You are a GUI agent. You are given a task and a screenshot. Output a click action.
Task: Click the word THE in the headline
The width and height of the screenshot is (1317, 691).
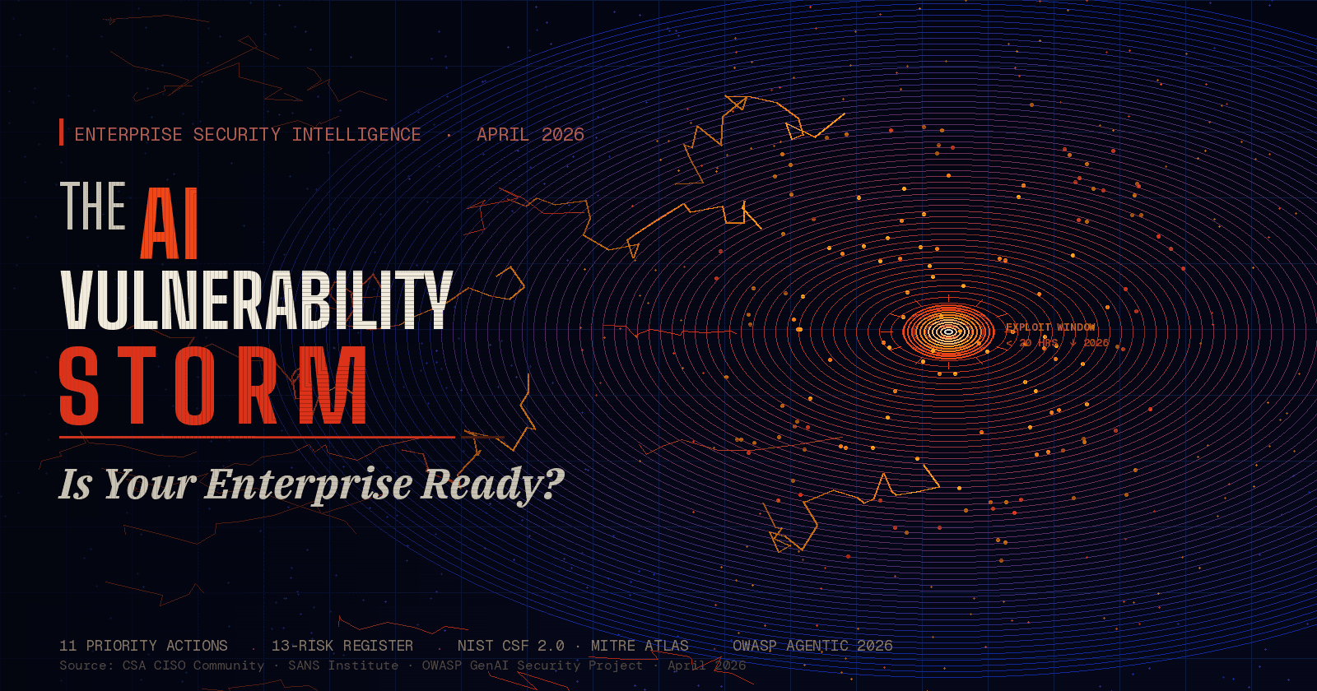click(93, 206)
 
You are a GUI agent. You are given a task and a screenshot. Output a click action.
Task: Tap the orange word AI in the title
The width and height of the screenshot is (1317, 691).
click(170, 224)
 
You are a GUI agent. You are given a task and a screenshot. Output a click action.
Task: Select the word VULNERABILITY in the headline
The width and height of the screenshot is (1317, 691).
click(257, 299)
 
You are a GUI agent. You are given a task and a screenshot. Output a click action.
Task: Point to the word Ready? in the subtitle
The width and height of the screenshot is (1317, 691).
click(493, 484)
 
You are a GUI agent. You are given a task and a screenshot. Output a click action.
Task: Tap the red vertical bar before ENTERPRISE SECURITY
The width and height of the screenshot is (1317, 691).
click(62, 132)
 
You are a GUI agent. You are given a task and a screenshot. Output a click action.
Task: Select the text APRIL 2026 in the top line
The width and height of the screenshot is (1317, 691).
click(530, 135)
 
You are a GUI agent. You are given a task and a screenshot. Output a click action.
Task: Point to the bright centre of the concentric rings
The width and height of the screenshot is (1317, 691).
click(948, 332)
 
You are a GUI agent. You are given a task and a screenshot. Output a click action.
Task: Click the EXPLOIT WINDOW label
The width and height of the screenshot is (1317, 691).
click(1050, 327)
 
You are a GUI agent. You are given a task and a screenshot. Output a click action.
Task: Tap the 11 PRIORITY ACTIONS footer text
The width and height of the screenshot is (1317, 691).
click(143, 646)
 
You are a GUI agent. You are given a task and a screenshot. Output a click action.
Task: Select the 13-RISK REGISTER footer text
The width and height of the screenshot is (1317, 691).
click(342, 646)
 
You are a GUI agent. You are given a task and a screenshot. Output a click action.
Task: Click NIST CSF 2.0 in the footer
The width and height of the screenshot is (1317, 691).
click(511, 646)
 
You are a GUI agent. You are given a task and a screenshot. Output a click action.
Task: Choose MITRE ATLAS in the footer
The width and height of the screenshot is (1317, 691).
click(640, 646)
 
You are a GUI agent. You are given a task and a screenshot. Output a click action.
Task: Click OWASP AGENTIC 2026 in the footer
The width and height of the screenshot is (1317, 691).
click(812, 646)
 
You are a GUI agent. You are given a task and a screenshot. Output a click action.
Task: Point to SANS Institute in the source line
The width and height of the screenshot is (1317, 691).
click(343, 665)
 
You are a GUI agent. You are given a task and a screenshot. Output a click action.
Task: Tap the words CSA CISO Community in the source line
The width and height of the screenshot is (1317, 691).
click(193, 665)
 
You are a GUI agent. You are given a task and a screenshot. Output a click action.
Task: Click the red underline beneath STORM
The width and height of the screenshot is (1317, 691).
click(257, 437)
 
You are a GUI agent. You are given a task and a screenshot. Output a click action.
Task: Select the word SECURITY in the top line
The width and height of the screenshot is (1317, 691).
click(237, 135)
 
